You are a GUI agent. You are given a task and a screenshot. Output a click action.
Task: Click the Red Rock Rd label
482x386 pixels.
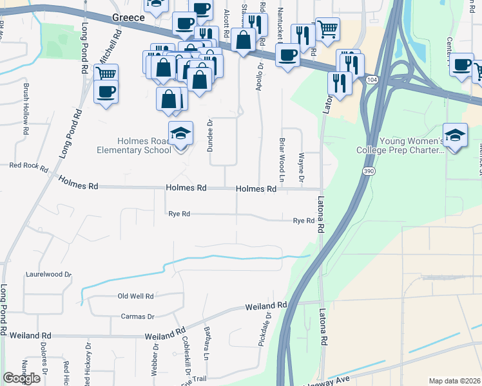tap(28, 166)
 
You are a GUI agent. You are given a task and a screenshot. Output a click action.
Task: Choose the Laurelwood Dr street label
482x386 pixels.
tap(48, 274)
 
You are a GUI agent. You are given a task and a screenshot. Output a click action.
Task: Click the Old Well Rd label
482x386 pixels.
tap(135, 297)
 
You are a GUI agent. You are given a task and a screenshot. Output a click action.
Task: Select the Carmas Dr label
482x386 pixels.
tap(138, 317)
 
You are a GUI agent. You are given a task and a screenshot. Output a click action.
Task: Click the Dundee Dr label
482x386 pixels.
tap(210, 135)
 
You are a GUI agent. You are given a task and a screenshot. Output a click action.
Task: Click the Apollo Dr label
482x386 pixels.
tap(260, 76)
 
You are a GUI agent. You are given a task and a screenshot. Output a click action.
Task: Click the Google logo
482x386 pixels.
tap(21, 378)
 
